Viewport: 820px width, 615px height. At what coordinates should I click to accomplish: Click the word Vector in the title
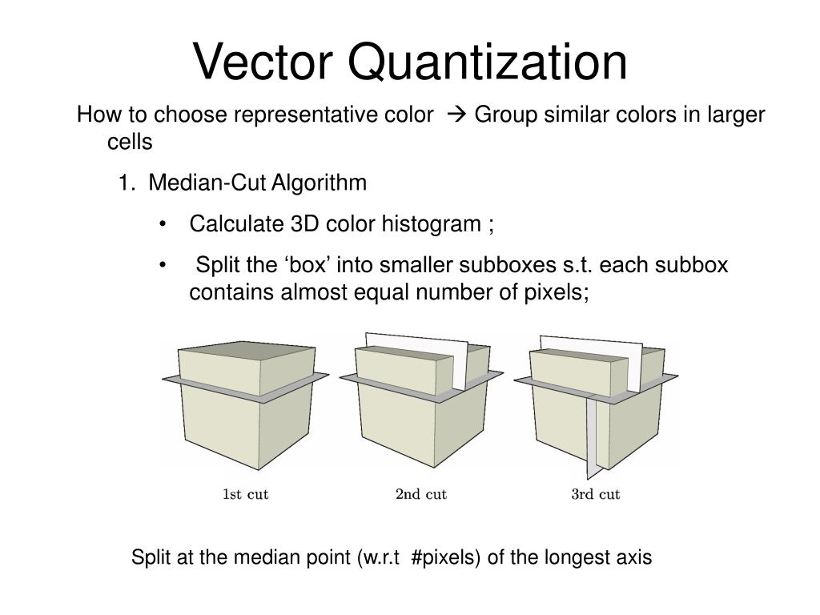[x=263, y=62]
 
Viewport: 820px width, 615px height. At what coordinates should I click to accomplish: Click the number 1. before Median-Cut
[x=127, y=183]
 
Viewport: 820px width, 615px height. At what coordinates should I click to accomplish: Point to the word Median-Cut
[x=208, y=183]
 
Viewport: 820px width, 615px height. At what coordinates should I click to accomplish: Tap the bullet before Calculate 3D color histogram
[x=163, y=225]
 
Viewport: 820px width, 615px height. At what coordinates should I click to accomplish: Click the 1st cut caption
[x=245, y=494]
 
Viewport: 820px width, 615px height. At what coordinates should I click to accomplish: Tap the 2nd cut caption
[x=420, y=494]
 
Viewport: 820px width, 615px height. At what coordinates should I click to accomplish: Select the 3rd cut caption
[x=595, y=494]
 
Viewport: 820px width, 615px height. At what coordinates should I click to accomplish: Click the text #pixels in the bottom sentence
[x=445, y=557]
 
